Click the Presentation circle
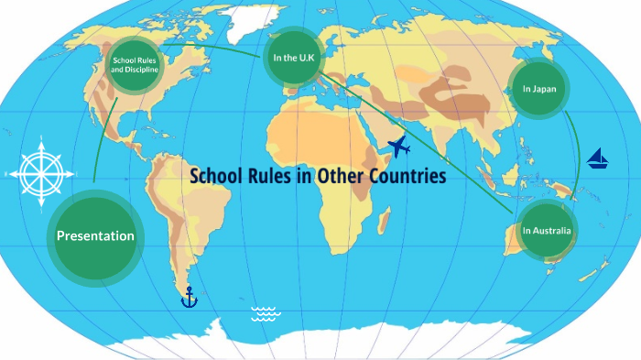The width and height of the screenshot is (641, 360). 95,236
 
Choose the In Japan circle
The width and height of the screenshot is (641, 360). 539,89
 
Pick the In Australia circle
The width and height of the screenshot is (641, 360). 547,231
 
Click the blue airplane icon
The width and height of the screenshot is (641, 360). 399,147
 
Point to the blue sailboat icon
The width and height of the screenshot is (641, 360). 598,158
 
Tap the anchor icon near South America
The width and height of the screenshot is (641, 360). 189,297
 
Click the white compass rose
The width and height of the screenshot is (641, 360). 38,171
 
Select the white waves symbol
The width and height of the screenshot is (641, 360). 266,314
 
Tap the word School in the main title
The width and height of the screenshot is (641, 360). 217,175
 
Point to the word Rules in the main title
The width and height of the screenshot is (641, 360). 270,175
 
